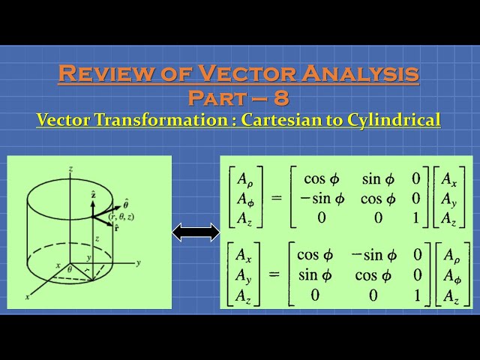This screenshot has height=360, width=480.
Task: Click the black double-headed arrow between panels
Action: click(x=196, y=232)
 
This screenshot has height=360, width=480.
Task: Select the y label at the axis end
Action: click(x=139, y=263)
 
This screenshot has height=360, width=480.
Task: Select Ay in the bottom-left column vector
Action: click(x=242, y=274)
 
